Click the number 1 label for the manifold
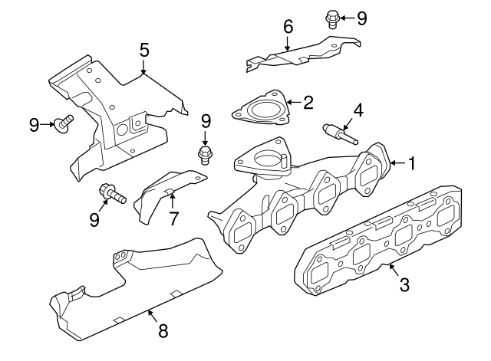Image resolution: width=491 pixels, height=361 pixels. pos(412,163)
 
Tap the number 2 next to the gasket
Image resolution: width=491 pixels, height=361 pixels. pos(308,102)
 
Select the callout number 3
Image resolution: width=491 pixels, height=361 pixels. pos(404,285)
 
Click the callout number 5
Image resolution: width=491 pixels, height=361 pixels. pos(144,51)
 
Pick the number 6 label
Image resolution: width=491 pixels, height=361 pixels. pos(288,28)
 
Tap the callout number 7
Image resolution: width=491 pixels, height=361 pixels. pos(173,218)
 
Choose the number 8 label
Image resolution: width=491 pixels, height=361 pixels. pos(163,330)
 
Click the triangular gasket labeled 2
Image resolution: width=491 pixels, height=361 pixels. pos(261,110)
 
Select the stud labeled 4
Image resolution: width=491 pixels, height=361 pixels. pos(339,135)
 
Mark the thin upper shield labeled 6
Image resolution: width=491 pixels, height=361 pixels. pos(299,54)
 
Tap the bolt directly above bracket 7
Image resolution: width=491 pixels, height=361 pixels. pos(205,156)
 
